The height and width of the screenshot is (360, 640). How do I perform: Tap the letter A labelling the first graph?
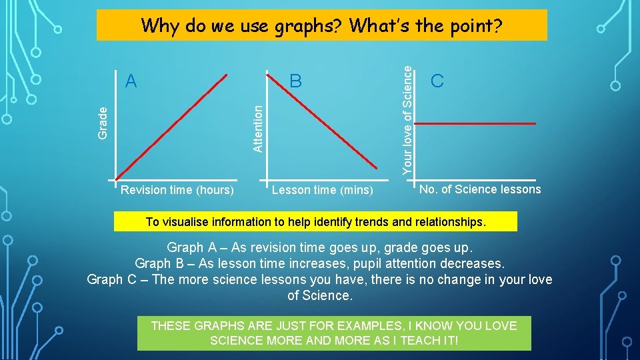[x=131, y=81]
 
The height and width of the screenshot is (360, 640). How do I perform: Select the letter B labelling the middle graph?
[x=296, y=81]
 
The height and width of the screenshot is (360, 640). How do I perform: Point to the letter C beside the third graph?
[x=437, y=81]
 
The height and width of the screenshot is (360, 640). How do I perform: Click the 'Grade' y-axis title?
[x=103, y=123]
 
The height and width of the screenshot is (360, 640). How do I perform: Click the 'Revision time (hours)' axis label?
[x=177, y=190]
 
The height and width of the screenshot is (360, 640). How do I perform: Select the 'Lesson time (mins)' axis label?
[x=322, y=190]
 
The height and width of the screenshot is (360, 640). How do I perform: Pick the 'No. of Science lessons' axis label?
[x=480, y=189]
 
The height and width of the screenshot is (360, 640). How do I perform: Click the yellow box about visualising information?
[x=315, y=221]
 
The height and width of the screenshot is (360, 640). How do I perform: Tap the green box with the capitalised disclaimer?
[x=334, y=333]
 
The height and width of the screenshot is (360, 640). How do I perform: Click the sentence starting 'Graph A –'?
[x=319, y=247]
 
